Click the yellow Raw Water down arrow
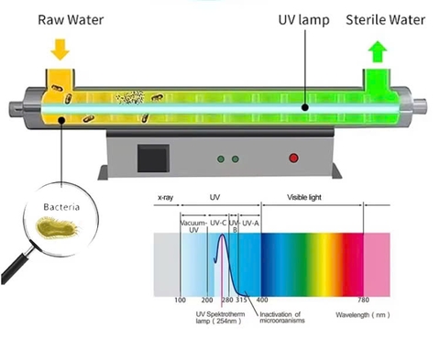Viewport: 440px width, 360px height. coord(59,48)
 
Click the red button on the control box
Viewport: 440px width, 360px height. coord(293,158)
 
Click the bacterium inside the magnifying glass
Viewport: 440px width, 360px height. coord(60,226)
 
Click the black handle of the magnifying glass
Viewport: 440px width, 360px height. coord(16,267)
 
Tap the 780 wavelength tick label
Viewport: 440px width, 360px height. coord(364,300)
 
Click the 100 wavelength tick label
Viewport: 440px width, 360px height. coord(181,300)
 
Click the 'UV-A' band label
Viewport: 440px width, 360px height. coord(251,223)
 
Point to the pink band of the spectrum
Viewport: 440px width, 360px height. coord(378,261)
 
